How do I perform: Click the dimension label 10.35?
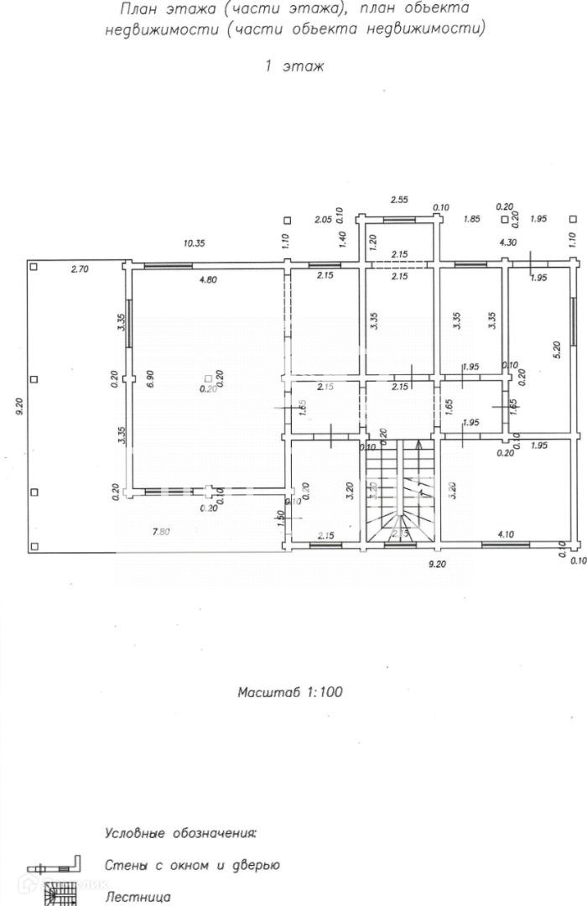tap(194, 243)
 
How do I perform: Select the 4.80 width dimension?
tap(207, 280)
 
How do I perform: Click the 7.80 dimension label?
tap(162, 532)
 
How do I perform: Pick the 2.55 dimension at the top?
tap(400, 200)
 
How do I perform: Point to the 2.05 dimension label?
tap(322, 220)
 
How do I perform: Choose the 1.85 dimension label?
tap(472, 220)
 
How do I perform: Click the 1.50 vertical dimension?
tap(281, 519)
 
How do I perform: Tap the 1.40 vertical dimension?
tap(342, 241)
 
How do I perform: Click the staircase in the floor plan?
tap(399, 491)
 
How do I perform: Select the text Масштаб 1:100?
tap(290, 693)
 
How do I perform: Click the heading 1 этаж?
tap(293, 65)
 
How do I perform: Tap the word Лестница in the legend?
tap(138, 897)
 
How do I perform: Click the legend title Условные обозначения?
tap(180, 834)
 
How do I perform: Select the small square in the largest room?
tap(208, 377)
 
